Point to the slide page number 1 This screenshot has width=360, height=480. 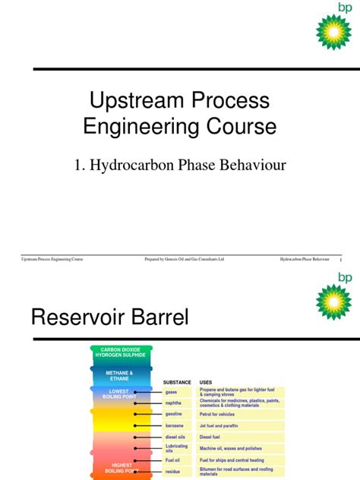click(342, 261)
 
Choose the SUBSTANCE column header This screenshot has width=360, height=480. click(177, 382)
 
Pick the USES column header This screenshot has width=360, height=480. click(206, 382)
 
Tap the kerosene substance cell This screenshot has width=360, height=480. click(174, 426)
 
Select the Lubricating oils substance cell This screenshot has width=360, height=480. click(176, 448)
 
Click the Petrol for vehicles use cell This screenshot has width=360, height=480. click(221, 415)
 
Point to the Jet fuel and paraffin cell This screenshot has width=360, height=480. click(223, 426)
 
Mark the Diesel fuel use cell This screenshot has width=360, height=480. click(213, 437)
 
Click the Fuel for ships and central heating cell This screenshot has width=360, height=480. click(235, 459)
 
